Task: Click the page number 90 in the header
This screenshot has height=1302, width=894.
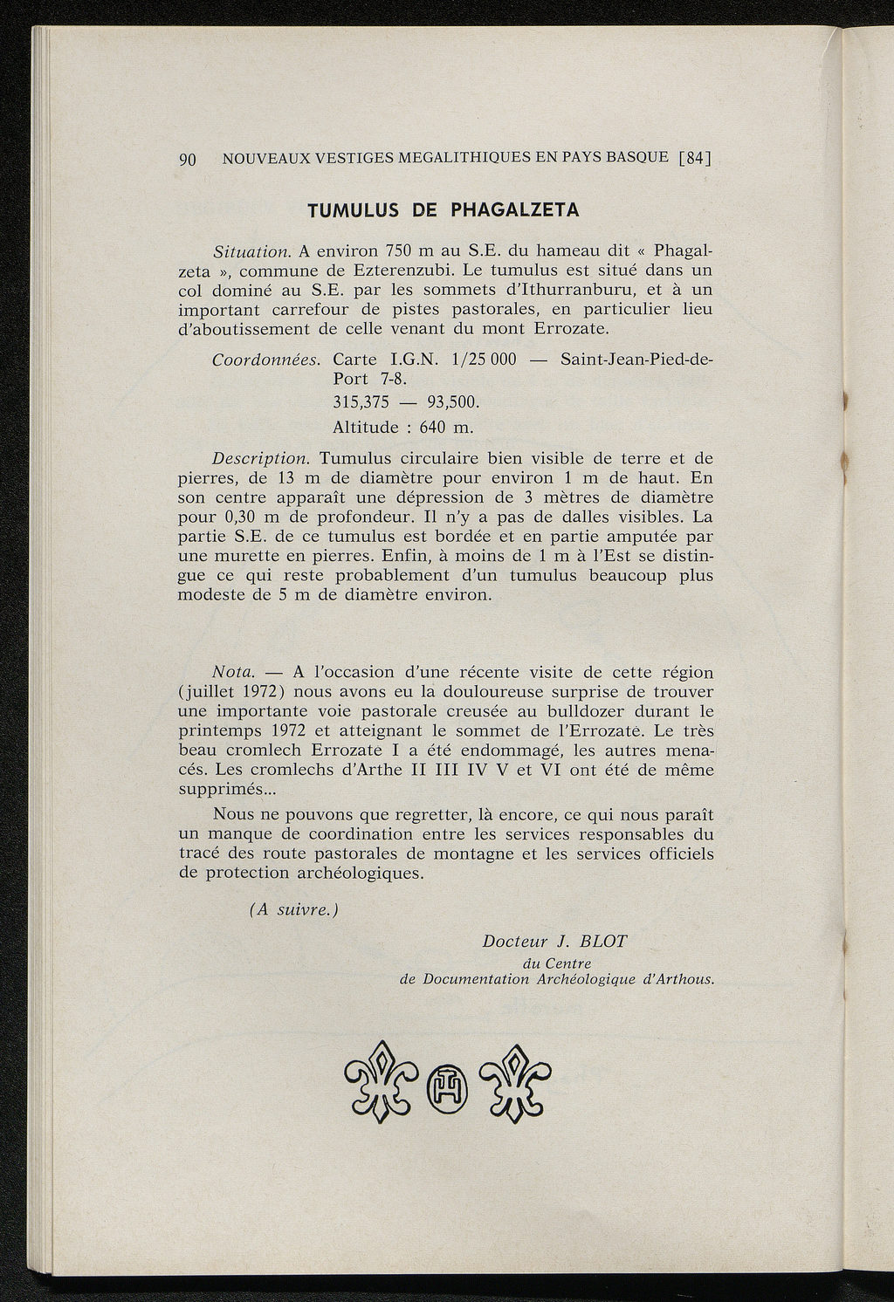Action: (187, 160)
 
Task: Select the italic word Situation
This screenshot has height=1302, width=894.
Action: (251, 252)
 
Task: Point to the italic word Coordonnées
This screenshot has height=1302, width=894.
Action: (268, 360)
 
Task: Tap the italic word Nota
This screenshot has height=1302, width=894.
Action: (234, 673)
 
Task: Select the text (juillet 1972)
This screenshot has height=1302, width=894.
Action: (230, 692)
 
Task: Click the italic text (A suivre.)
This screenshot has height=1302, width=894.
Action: (293, 910)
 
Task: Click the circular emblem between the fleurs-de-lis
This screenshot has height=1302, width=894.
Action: (447, 1087)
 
